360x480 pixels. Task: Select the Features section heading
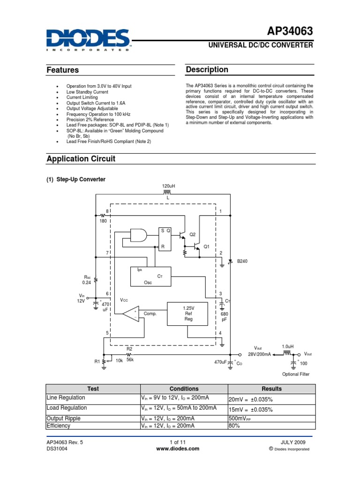[x=62, y=70]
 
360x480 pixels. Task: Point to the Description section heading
[x=207, y=70]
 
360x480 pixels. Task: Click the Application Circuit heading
[x=81, y=159]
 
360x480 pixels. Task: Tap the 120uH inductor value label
[x=167, y=187]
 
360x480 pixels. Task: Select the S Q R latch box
[x=165, y=239]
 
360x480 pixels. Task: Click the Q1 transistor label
[x=206, y=247]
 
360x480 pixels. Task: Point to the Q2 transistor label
[x=192, y=234]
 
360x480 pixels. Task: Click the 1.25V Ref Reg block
[x=188, y=313]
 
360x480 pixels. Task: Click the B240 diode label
[x=242, y=261]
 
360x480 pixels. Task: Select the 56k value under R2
[x=130, y=360]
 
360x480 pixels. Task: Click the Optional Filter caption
[x=296, y=374]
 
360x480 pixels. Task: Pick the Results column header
[x=271, y=389]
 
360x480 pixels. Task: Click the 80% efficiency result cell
[x=234, y=426]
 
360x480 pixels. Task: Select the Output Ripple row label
[x=63, y=418]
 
